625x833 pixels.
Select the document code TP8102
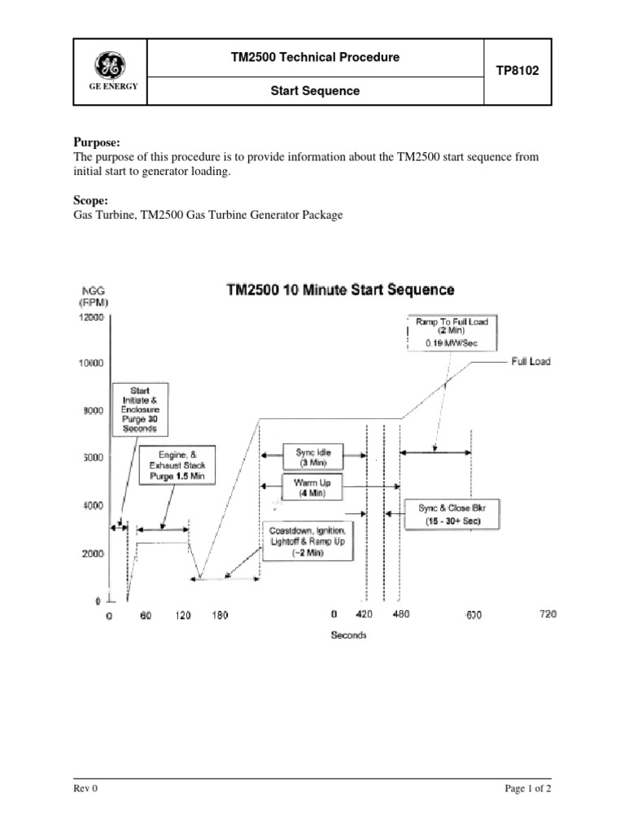click(518, 72)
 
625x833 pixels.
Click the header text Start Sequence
click(315, 91)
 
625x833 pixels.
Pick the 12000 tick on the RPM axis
click(90, 318)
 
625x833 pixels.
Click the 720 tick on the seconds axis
click(547, 615)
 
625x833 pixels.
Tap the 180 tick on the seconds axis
click(220, 616)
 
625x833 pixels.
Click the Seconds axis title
click(348, 635)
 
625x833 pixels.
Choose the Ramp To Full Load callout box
click(452, 333)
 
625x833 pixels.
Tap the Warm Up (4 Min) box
click(310, 487)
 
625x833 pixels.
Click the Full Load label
click(531, 361)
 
